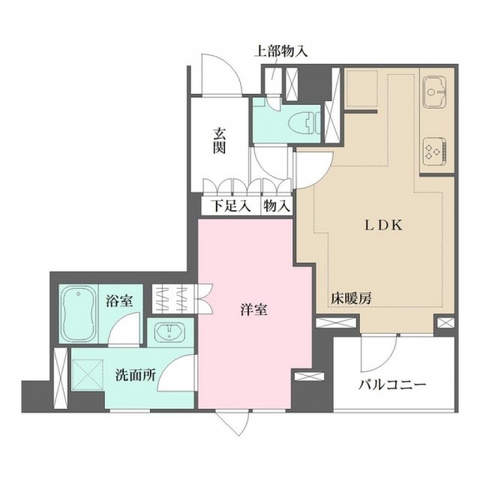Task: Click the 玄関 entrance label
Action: coord(220,142)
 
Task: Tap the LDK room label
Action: coord(383,226)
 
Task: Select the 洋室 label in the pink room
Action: coord(253,310)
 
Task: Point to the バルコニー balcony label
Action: coord(392,384)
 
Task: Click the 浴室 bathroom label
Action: coord(119,301)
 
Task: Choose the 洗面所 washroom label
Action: coord(136,375)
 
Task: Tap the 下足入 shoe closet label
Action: coord(231,205)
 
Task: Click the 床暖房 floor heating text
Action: coord(351,298)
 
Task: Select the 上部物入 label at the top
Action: coord(281,52)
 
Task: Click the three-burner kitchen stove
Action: coord(435,151)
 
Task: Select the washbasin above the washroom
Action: coord(169,332)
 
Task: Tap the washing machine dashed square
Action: coord(88,374)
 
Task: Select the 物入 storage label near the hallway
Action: coord(277,205)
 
